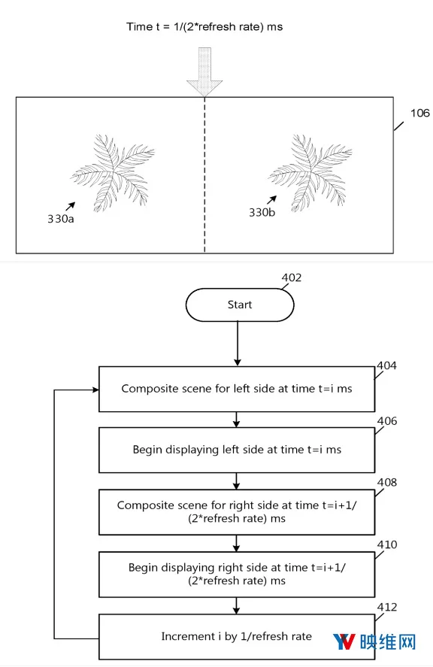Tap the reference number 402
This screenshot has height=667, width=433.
(x=292, y=277)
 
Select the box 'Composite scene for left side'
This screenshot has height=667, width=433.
(x=237, y=389)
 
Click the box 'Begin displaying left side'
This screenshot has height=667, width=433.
(x=237, y=450)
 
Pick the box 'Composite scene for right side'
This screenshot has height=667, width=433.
(x=237, y=512)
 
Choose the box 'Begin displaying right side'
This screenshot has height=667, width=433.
(x=237, y=575)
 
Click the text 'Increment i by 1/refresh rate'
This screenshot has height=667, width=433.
(x=237, y=636)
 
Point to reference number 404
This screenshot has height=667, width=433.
(x=386, y=365)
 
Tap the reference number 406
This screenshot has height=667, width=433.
(x=387, y=420)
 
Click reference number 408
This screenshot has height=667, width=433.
(x=387, y=482)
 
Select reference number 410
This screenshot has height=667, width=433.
(x=387, y=544)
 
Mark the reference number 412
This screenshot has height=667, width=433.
(x=387, y=607)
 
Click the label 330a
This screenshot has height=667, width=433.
(x=60, y=219)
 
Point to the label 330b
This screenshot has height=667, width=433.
(x=262, y=212)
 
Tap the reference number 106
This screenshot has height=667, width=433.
(x=419, y=113)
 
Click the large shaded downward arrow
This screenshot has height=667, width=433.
(x=204, y=71)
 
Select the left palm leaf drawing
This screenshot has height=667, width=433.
(x=112, y=173)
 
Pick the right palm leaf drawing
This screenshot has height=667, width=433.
(x=310, y=173)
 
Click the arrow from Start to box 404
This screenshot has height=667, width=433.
(x=238, y=344)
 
